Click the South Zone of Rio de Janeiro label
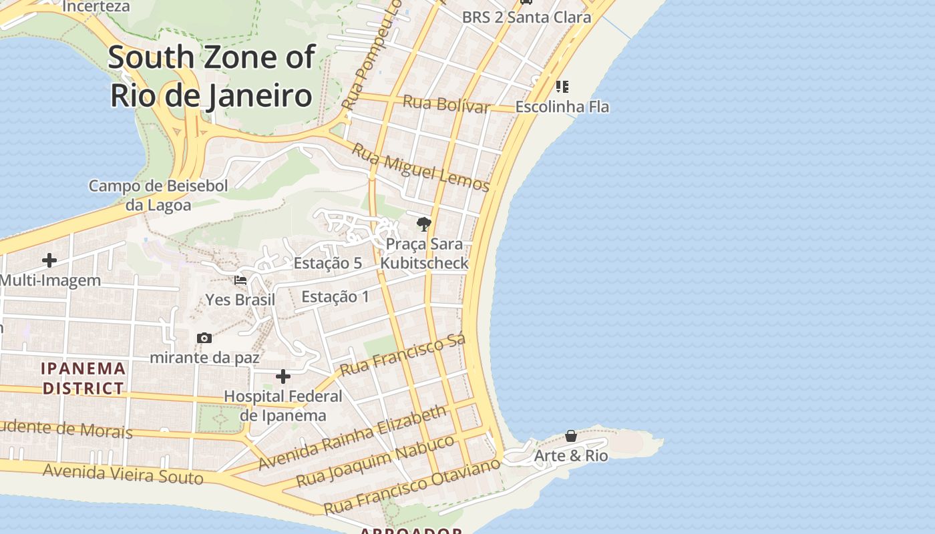click(211, 76)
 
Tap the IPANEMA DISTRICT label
click(83, 378)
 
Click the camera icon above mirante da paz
click(205, 338)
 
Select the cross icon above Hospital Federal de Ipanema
click(283, 377)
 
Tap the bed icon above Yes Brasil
click(240, 280)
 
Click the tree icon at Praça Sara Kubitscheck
click(423, 224)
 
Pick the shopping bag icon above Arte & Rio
click(571, 436)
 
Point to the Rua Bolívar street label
click(446, 105)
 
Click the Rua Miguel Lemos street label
click(421, 168)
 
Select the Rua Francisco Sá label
click(402, 356)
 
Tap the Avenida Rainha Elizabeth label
click(352, 437)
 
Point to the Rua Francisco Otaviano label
click(411, 485)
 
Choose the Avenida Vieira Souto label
click(123, 474)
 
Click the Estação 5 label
click(328, 263)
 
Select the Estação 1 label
click(335, 296)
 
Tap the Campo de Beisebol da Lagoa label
click(158, 195)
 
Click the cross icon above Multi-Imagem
click(49, 260)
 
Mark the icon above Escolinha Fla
click(562, 87)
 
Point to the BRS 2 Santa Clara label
click(526, 17)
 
